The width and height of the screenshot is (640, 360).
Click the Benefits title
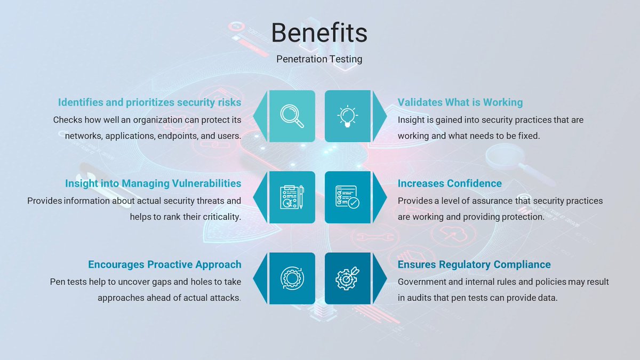[x=319, y=33]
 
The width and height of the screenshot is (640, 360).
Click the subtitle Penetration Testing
[x=319, y=59]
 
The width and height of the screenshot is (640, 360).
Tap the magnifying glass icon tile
[x=292, y=116]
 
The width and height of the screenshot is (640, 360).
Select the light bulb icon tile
[x=348, y=116]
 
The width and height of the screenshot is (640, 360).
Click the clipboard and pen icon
[x=292, y=197]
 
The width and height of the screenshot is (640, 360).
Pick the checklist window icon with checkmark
[x=348, y=197]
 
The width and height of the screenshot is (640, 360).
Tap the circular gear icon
[x=292, y=278]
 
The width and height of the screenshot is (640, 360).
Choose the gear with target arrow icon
[x=348, y=278]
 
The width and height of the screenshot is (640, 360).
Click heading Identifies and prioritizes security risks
[x=149, y=102]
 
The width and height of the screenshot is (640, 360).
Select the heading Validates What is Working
[x=460, y=102]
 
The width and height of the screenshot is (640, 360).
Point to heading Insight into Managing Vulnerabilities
[x=153, y=183]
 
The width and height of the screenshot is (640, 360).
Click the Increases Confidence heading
[x=450, y=183]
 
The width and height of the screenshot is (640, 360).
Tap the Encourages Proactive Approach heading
[x=164, y=265]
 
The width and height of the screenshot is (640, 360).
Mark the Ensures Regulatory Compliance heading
[x=474, y=265]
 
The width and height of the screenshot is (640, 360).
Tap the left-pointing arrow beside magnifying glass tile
[x=260, y=116]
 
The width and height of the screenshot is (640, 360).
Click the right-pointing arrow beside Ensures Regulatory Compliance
[x=379, y=278]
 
